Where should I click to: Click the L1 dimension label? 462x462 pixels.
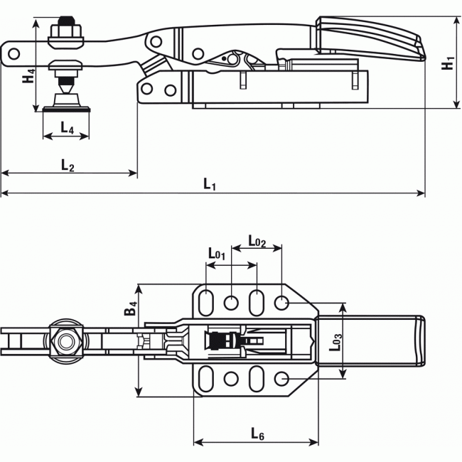pyautogui.click(x=210, y=183)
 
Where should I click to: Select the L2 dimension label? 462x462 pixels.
pyautogui.click(x=67, y=165)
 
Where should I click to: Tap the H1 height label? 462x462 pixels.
pyautogui.click(x=447, y=63)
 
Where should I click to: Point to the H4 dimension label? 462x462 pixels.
pyautogui.click(x=28, y=75)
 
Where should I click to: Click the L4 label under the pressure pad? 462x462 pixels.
pyautogui.click(x=66, y=127)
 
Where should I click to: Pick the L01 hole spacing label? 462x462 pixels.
pyautogui.click(x=217, y=252)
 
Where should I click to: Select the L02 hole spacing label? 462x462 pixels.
pyautogui.click(x=257, y=241)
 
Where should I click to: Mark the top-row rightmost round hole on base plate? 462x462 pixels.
pyautogui.click(x=282, y=303)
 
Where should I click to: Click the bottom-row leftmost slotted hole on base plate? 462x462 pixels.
pyautogui.click(x=206, y=380)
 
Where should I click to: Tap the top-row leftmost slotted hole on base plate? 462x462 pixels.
pyautogui.click(x=206, y=302)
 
